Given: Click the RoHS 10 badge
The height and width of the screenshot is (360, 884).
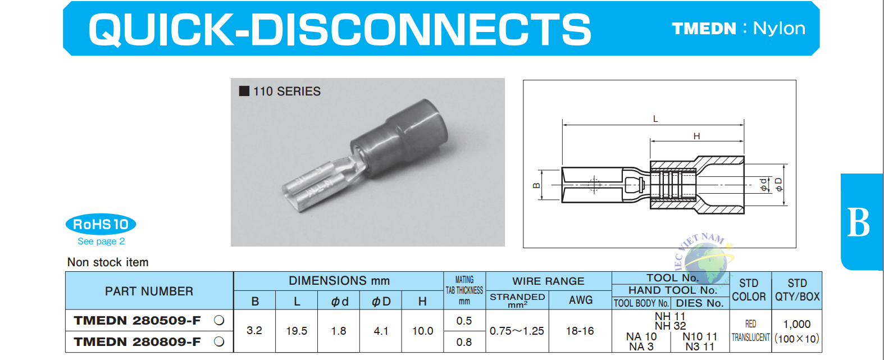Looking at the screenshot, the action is pos(101,224).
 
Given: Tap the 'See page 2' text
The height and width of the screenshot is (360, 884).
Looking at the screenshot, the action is pos(101,241).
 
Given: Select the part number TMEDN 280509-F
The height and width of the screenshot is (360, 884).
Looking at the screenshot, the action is pos(137,320).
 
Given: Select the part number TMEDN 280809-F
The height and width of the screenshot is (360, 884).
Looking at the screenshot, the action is pos(137,341).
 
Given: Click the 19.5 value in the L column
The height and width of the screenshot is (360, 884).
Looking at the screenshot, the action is pos(297,331).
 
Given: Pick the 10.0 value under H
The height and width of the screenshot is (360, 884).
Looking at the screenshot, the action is pos(423,331).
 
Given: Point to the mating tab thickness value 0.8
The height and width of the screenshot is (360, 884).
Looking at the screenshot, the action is pos(464,342).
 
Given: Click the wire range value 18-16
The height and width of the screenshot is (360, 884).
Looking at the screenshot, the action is pos(580,331).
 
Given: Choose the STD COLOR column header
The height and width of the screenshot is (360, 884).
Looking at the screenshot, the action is pos(749,290).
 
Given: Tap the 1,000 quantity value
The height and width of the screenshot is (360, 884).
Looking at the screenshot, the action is pos(797,324).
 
